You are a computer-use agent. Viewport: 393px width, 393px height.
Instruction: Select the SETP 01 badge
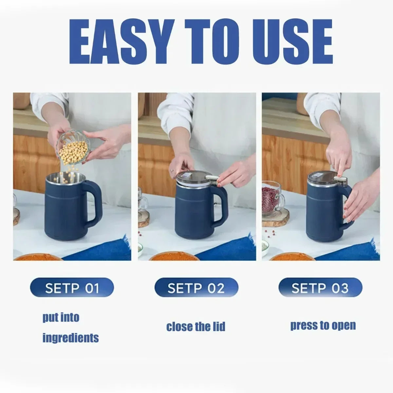click(72, 288)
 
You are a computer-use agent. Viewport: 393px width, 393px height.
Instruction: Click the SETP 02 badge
click(196, 288)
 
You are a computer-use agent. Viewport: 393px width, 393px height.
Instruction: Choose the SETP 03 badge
click(320, 288)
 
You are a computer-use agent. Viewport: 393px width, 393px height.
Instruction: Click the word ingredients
click(70, 338)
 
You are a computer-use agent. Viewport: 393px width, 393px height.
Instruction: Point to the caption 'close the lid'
click(196, 327)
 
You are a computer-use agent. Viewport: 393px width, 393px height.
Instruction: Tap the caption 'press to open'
click(323, 326)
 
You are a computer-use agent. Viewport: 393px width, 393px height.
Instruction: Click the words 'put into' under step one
click(61, 317)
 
